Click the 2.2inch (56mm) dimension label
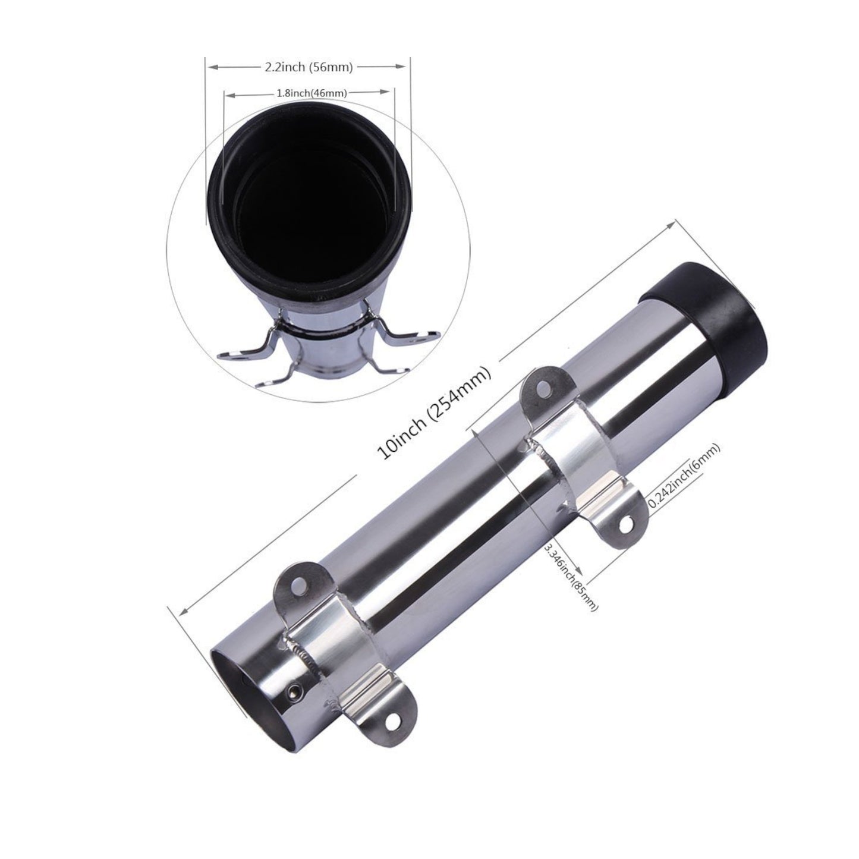[309, 68]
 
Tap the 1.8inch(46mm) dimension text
[311, 93]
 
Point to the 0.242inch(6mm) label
[684, 476]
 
